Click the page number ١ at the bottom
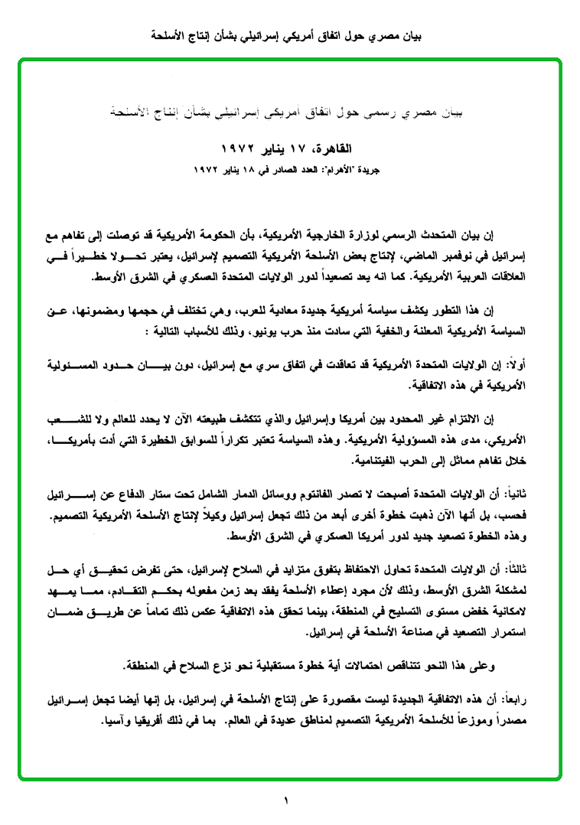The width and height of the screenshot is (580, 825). (x=286, y=802)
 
